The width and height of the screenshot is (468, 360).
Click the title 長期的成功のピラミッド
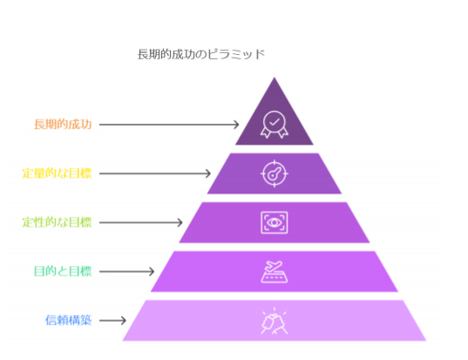pos(200,54)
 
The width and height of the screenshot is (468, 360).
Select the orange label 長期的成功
pos(63,124)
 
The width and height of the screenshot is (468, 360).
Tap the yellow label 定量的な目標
pos(57,173)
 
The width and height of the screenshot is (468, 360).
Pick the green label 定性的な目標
pos(57,222)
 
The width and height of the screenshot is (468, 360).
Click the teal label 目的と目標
pos(63,271)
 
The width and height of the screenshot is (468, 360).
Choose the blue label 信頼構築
pos(68,320)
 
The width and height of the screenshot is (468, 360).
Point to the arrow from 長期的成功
pos(169,125)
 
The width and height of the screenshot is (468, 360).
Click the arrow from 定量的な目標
pos(155,173)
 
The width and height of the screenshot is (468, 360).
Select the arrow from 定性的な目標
pos(141,222)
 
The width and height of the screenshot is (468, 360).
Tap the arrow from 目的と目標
pos(127,271)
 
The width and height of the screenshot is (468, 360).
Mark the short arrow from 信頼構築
pos(112,320)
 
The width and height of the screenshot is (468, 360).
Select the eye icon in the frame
pos(275,222)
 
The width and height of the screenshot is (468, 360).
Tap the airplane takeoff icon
pos(275,271)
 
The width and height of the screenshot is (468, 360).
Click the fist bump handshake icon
pos(275,321)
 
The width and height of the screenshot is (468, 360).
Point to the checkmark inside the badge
pos(275,121)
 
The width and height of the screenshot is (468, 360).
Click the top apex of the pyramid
pos(275,78)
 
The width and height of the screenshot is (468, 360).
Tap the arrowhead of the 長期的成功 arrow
pos(237,125)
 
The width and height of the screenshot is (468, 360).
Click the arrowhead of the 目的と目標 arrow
pos(152,271)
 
